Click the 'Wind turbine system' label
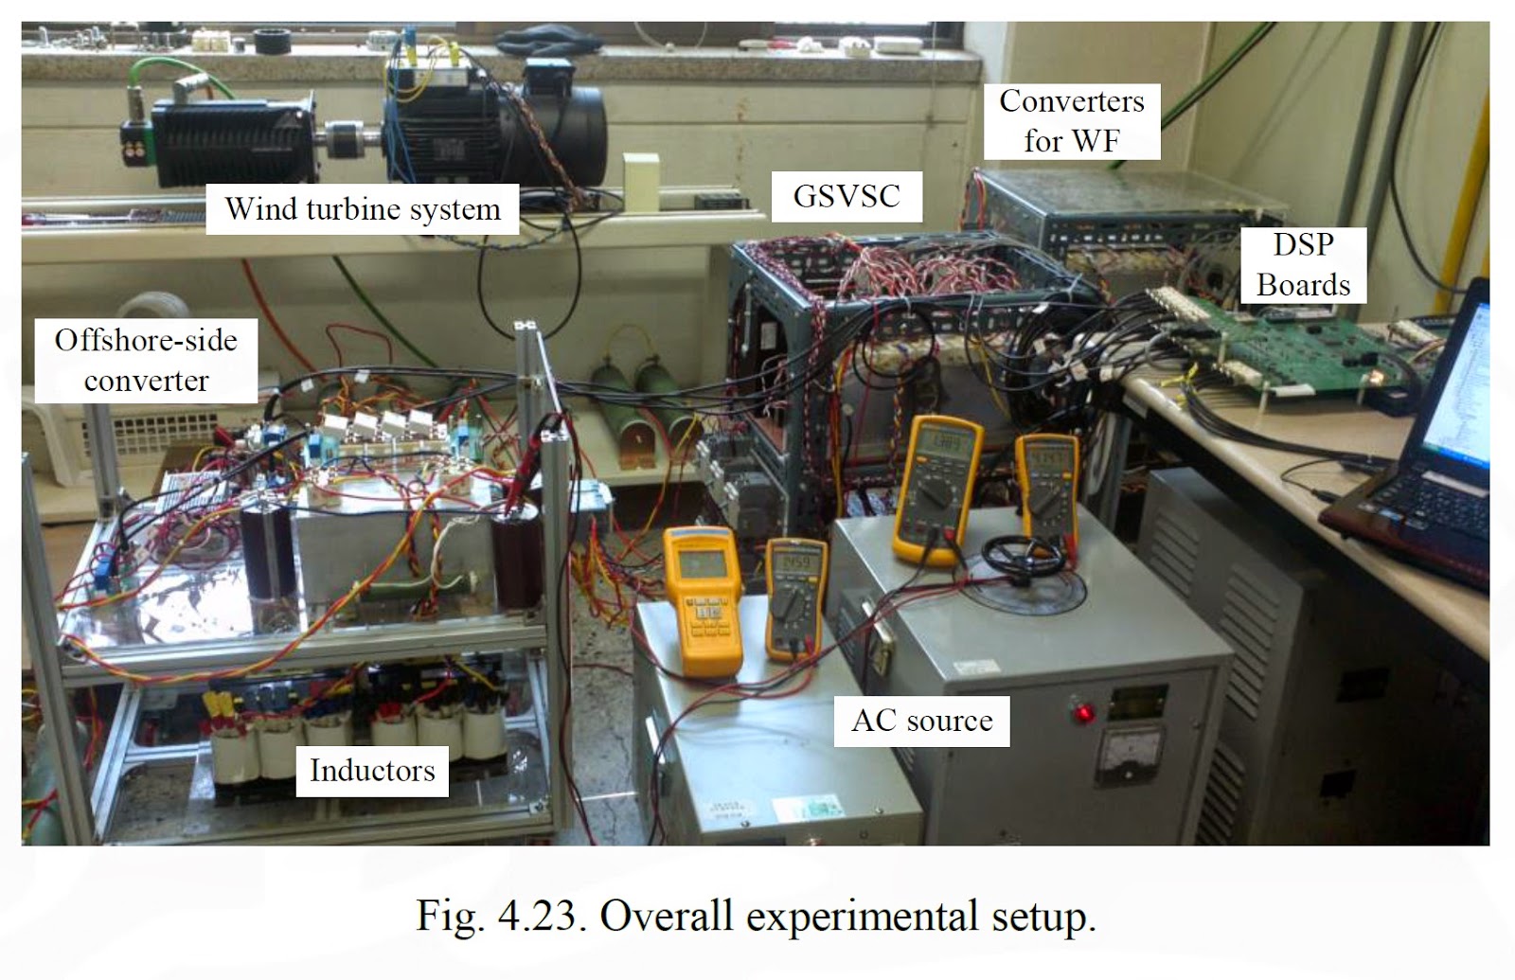point(363,209)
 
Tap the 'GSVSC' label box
point(847,196)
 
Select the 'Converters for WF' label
point(1071,121)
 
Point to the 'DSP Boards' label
point(1303,264)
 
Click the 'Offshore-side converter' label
point(146,360)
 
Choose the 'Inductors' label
point(372,770)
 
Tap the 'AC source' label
point(921,721)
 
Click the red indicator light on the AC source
point(1079,711)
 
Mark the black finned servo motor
point(227,140)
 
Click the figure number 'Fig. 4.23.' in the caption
point(499,916)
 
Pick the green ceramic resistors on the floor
point(636,398)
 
